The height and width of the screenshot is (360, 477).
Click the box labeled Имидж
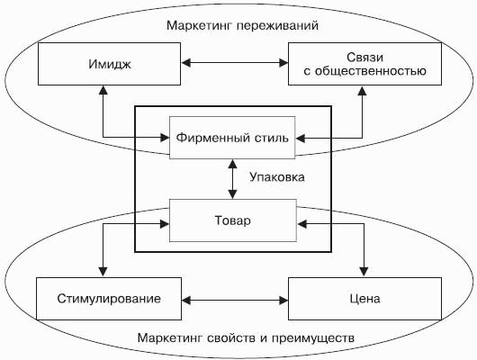(109, 64)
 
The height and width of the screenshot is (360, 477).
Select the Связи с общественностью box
(364, 64)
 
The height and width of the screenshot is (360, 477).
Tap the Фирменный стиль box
(232, 138)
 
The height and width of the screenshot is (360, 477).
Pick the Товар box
(233, 220)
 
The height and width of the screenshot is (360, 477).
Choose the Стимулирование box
(109, 299)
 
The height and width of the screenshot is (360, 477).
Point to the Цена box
(364, 299)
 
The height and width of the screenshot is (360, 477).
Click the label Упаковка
(277, 176)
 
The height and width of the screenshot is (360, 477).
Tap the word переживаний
(277, 25)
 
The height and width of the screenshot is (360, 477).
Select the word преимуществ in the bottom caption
(312, 338)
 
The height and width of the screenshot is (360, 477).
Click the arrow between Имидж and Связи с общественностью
(235, 63)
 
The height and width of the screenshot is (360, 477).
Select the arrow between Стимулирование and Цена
(235, 301)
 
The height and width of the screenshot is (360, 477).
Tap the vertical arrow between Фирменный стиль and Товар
(233, 179)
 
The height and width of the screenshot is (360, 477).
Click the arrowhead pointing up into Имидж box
(103, 90)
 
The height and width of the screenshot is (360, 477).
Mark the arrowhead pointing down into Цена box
(364, 272)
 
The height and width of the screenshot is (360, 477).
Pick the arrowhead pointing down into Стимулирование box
(103, 272)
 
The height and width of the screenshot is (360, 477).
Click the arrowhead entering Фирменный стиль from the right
(301, 139)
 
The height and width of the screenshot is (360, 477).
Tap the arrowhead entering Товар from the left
(165, 224)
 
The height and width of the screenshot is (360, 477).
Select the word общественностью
(370, 71)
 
